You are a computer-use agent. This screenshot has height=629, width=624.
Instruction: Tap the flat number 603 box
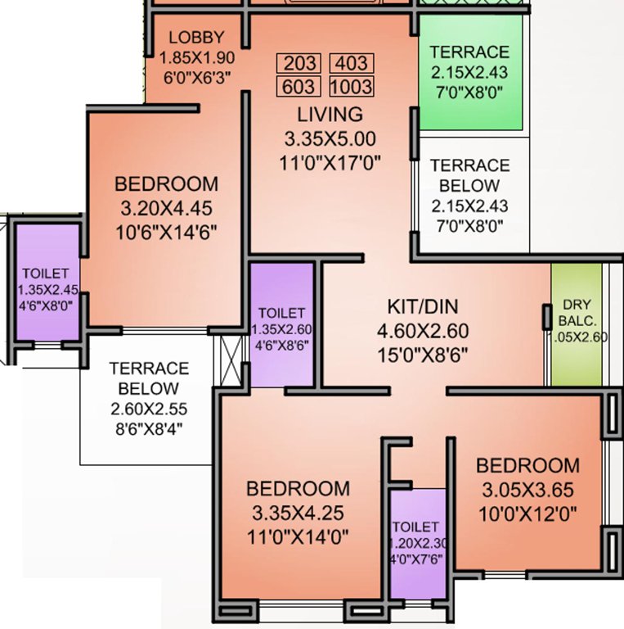(299, 86)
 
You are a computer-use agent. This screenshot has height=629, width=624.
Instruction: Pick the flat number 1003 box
(351, 86)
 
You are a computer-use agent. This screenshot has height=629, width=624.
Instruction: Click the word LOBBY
(195, 38)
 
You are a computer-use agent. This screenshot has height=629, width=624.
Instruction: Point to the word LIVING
(330, 114)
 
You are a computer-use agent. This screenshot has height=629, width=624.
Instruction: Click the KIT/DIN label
(423, 307)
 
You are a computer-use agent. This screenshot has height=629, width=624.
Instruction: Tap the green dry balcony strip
(576, 324)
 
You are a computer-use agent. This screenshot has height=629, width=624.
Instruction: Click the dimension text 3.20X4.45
(166, 206)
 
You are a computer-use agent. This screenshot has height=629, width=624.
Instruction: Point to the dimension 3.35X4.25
(299, 514)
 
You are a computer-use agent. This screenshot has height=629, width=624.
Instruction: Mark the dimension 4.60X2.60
(423, 332)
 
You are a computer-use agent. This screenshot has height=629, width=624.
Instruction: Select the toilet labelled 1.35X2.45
(47, 283)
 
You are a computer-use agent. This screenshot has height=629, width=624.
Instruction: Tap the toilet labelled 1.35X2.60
(281, 324)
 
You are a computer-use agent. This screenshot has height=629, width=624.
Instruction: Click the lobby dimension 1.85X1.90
(195, 58)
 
